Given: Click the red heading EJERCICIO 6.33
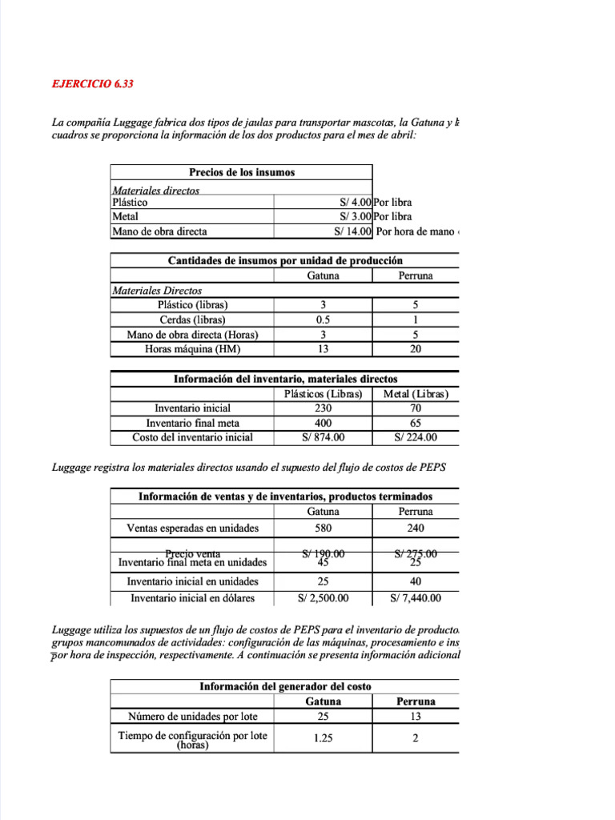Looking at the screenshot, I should point(87,83).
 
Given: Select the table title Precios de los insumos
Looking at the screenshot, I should point(242,172).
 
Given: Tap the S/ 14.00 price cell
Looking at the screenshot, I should point(353,231).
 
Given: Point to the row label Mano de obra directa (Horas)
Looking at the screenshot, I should point(192,334).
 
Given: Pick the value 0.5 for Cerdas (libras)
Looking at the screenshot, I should point(323,320).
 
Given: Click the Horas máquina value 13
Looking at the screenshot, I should point(323,348).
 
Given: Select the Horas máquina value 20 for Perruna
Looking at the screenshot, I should point(416,348).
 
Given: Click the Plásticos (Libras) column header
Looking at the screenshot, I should point(323,394).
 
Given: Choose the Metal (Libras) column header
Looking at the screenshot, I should point(416,394).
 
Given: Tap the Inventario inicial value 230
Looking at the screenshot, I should point(323,408).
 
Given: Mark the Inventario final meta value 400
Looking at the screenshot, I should point(323,423).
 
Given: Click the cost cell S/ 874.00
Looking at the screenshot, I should point(323,437).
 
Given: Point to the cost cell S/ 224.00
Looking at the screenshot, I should point(416,437).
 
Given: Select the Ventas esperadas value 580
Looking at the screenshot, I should point(323,529).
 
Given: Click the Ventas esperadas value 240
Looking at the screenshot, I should point(416,529).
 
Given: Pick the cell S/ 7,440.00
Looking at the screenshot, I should point(416,597).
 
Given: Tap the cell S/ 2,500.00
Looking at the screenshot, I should point(323,597).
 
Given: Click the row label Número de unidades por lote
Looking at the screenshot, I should point(192,716).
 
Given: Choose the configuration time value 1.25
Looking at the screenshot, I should point(323,738).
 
